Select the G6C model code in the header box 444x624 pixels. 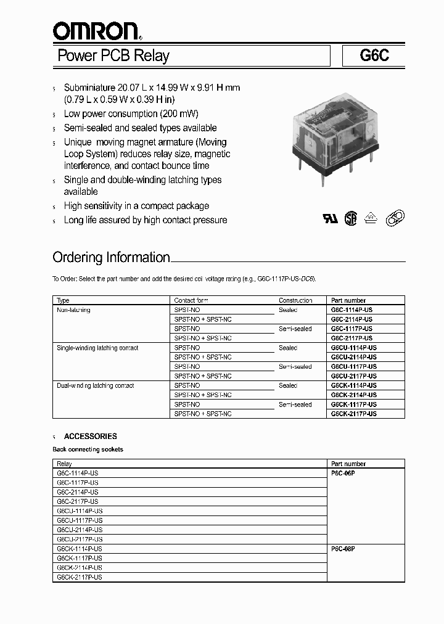[374, 56]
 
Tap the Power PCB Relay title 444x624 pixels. [113, 56]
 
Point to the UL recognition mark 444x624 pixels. [331, 219]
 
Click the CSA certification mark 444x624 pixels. [351, 219]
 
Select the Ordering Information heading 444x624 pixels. [111, 257]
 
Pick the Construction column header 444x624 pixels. [295, 300]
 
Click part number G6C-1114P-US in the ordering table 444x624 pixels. [351, 310]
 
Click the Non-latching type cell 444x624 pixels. [73, 310]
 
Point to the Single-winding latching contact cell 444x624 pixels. [97, 348]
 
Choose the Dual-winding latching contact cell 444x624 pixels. [95, 385]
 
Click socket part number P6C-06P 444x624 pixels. [343, 473]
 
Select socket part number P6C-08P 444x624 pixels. [343, 548]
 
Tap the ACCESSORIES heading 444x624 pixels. [90, 436]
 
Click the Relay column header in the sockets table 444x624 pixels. [64, 464]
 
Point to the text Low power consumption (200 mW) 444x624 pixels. [131, 114]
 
